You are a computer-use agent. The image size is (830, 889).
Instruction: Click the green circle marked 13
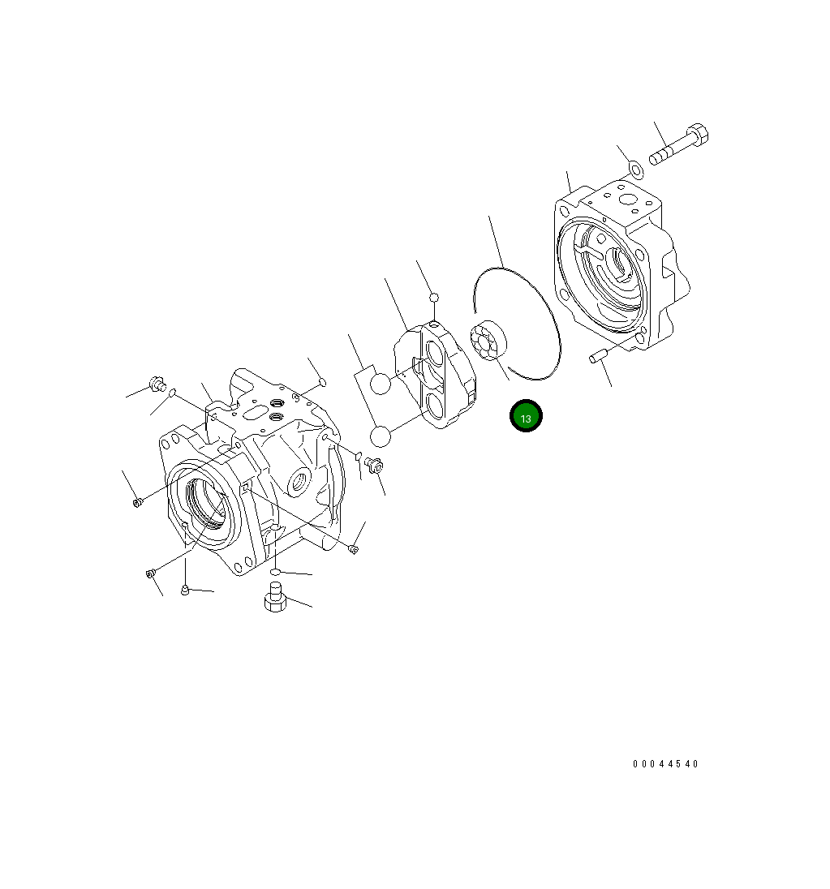(525, 416)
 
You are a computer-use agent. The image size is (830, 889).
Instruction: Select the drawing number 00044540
(665, 764)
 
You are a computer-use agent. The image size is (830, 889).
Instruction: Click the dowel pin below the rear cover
(599, 357)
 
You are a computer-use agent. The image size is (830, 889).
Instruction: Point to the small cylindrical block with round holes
(485, 343)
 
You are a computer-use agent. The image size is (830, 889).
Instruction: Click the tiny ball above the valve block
(434, 297)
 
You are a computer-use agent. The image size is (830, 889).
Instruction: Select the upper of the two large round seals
(380, 383)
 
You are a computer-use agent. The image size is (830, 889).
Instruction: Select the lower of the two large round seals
(380, 436)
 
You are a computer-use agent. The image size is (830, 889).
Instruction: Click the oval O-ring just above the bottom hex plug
(276, 573)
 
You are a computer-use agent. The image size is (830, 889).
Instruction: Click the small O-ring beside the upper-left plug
(172, 393)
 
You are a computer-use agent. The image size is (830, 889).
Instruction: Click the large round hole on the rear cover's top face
(628, 199)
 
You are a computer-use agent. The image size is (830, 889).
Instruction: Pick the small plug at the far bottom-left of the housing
(150, 574)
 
